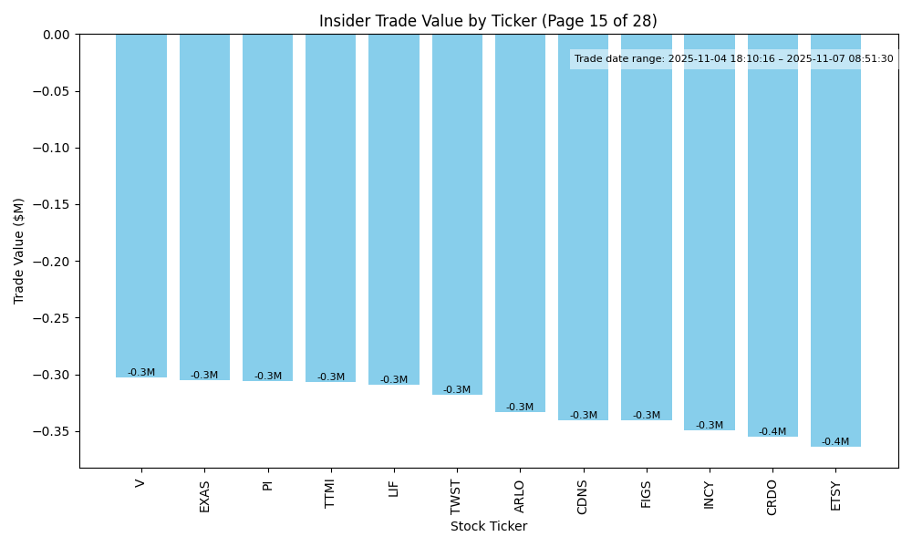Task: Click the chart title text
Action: (x=488, y=21)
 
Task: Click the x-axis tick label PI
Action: (x=267, y=483)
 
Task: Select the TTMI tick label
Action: (x=330, y=493)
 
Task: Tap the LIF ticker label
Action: (x=393, y=488)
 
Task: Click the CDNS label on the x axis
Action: (x=583, y=497)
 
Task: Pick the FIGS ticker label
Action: (x=646, y=493)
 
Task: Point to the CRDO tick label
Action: (x=772, y=497)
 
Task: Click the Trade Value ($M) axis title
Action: (x=19, y=251)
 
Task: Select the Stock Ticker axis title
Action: (x=488, y=526)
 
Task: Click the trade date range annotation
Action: (x=733, y=59)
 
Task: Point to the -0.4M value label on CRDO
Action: (x=772, y=432)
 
